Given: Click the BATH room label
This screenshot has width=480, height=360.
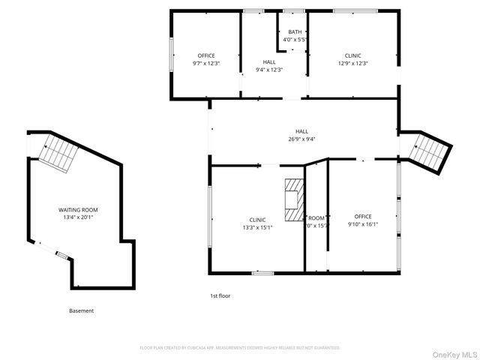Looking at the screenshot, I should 294,31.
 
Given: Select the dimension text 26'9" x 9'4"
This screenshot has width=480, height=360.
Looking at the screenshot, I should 301,139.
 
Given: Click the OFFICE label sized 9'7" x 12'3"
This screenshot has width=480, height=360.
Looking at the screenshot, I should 206,55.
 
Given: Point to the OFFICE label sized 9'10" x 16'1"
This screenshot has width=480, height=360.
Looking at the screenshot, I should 363,216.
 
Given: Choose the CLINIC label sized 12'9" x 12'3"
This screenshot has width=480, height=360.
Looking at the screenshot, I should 352,55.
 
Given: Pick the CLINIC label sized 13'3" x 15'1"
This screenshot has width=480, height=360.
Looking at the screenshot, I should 257,219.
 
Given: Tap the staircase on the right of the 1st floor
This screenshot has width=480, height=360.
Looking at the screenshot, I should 430,150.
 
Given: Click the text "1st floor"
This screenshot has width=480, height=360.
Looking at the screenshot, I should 220,296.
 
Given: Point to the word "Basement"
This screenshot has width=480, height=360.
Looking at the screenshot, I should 82,311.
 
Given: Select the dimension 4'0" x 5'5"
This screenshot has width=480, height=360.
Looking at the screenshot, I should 294,39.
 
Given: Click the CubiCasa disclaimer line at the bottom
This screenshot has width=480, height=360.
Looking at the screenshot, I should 240,348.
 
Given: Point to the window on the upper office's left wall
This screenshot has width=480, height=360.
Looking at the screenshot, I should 172,54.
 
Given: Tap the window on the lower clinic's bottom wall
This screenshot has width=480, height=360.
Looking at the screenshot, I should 262,273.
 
